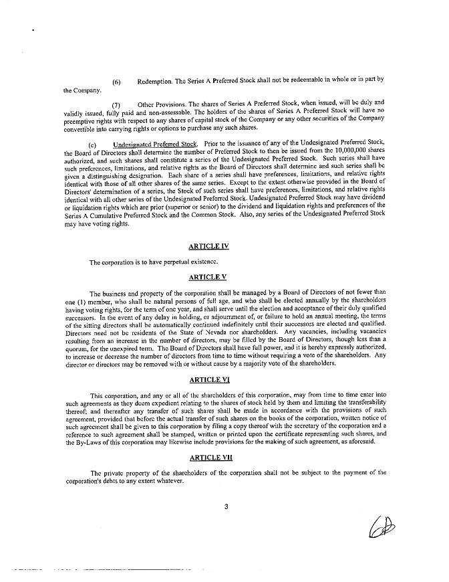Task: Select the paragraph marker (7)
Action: pos(116,106)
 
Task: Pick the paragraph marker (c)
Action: pos(93,144)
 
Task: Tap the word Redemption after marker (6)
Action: pos(154,81)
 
